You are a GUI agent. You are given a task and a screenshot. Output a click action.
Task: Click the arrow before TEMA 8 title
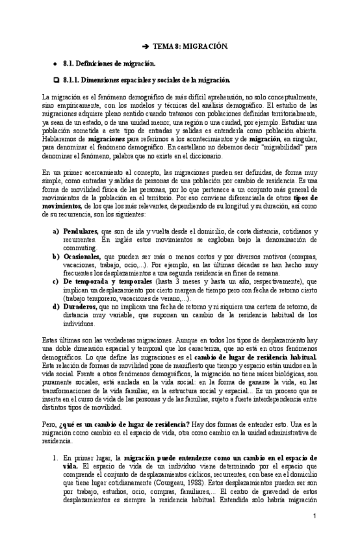click(146, 47)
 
